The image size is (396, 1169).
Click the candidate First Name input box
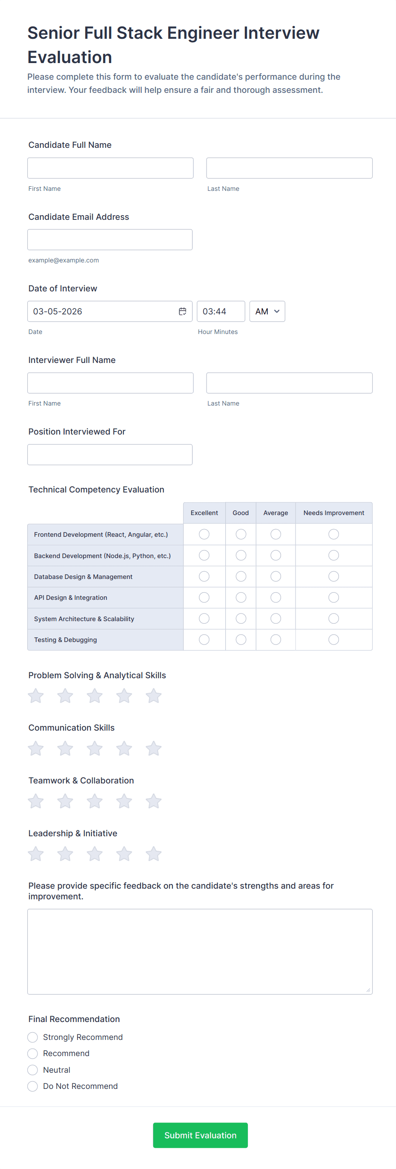[110, 168]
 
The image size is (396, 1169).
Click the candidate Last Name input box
[289, 168]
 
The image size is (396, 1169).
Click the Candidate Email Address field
[110, 239]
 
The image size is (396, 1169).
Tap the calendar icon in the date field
[182, 311]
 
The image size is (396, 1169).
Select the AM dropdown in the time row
[267, 311]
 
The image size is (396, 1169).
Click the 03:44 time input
[221, 311]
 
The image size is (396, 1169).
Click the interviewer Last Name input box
[289, 383]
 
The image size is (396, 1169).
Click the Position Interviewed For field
[110, 455]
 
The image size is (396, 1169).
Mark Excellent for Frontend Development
[204, 534]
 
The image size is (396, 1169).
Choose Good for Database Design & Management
[241, 576]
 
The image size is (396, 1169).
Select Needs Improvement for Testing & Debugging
[333, 639]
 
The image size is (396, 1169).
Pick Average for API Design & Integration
[275, 597]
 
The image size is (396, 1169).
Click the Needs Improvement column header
[333, 513]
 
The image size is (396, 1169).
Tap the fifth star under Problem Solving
[153, 696]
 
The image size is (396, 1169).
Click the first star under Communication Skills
[36, 749]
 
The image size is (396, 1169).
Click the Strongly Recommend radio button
[33, 1037]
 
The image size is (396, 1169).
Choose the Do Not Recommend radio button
[33, 1086]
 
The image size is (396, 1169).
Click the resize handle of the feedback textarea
[368, 990]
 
